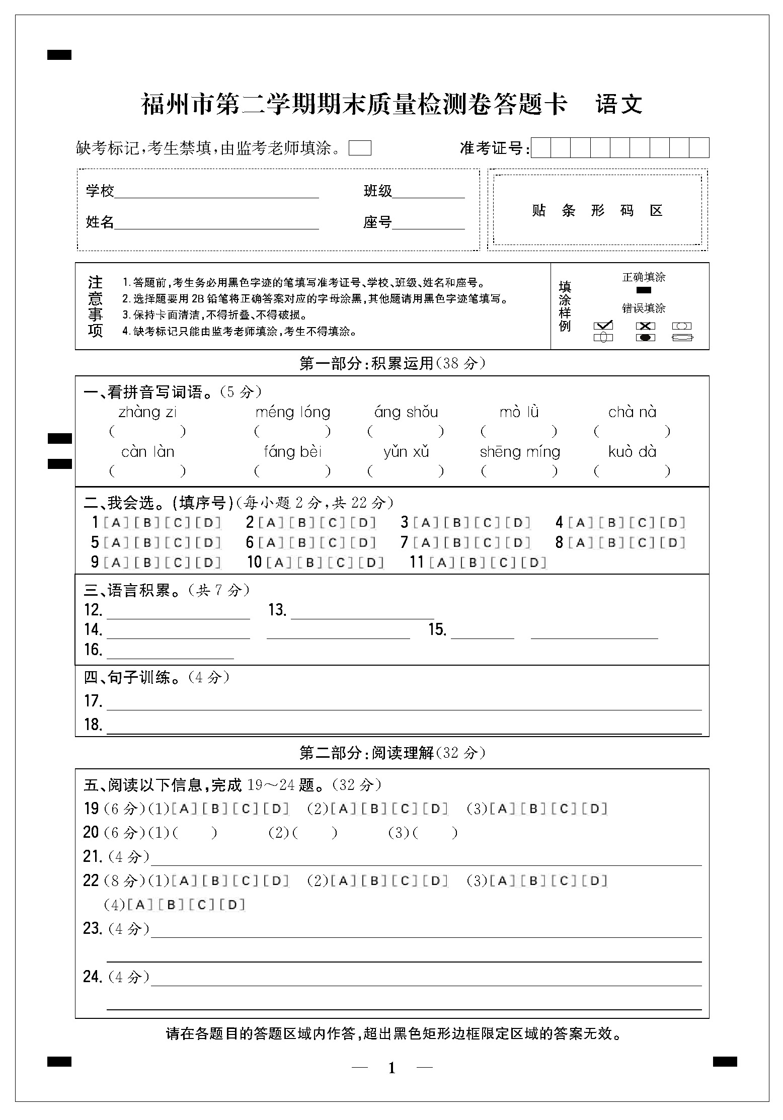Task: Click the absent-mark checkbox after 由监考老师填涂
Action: click(x=360, y=148)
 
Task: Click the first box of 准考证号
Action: click(x=541, y=148)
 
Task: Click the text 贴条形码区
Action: click(x=597, y=210)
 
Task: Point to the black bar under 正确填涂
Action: click(x=644, y=290)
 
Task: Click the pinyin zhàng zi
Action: click(x=147, y=413)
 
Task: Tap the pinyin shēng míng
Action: click(x=520, y=452)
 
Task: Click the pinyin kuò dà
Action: click(x=632, y=452)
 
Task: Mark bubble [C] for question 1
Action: click(x=178, y=523)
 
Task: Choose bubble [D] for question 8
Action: click(x=673, y=543)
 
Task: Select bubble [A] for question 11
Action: click(x=442, y=563)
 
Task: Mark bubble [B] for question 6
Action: click(x=302, y=543)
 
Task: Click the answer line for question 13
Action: click(x=362, y=614)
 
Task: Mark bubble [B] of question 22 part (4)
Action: click(x=171, y=905)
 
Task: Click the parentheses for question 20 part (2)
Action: click(x=315, y=833)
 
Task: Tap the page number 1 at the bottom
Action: click(x=392, y=1068)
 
